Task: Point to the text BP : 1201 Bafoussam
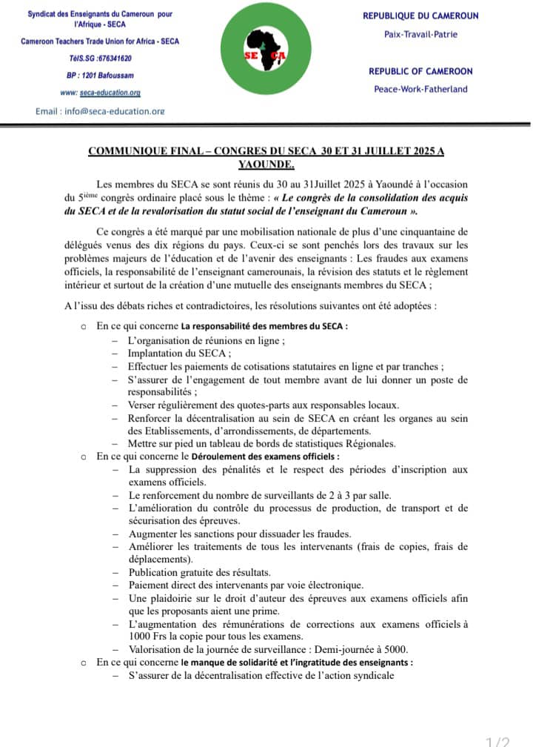100,75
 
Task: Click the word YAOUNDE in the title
266,164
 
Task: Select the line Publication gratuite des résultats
199,572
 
